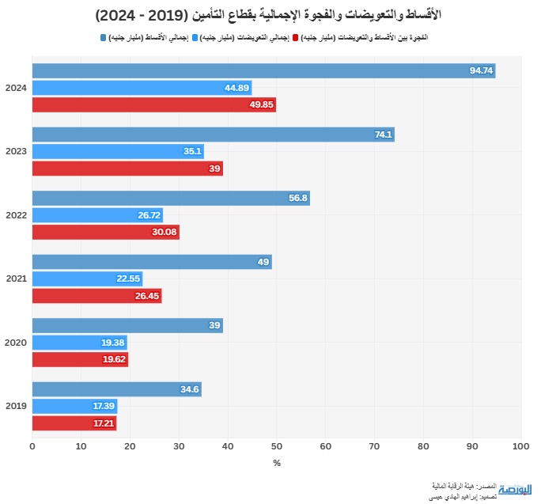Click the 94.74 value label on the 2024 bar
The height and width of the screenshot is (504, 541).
coord(481,70)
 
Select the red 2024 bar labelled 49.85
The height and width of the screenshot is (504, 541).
coord(154,104)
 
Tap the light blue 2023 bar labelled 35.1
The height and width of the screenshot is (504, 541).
coord(119,151)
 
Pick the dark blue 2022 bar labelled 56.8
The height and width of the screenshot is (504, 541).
coord(171,198)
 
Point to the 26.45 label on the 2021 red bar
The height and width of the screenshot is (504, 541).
coord(147,296)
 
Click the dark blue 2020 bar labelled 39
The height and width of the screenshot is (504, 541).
coord(127,326)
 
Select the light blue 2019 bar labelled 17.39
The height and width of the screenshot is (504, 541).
coord(74,406)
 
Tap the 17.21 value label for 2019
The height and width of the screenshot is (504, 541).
coord(103,423)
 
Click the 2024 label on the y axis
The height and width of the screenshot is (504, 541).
coord(16,88)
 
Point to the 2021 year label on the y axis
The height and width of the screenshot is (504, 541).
coord(16,279)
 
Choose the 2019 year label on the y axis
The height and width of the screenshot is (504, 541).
coord(16,406)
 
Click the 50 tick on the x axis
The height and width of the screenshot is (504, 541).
coord(277,447)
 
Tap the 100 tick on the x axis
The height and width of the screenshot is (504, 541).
coord(520,447)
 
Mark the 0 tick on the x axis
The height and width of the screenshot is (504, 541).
coord(32,447)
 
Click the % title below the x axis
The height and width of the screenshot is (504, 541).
coord(277,463)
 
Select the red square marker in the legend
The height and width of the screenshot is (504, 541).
coord(296,37)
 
